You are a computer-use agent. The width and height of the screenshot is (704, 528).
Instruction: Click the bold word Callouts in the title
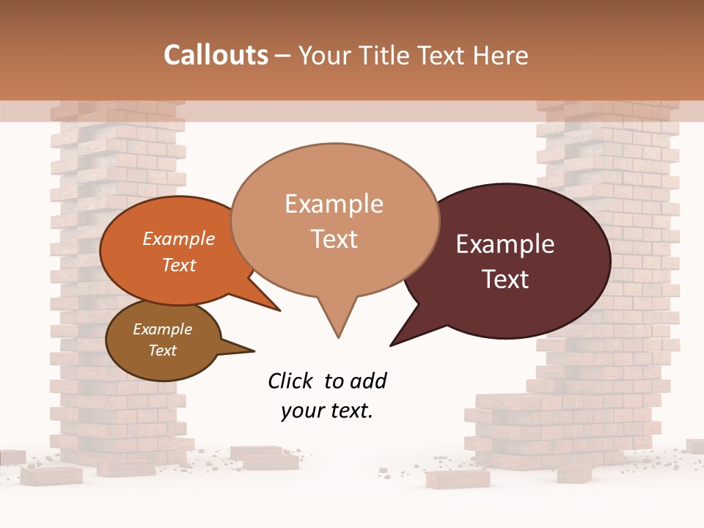[216, 55]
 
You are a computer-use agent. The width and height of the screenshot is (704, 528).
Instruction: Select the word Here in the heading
[501, 56]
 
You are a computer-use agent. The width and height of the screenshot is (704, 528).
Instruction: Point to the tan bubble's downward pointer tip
[338, 337]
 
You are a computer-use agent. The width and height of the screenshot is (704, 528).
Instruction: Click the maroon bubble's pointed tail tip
[392, 345]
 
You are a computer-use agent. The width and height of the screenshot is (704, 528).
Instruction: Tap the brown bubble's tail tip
[254, 350]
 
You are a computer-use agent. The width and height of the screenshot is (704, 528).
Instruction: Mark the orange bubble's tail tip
[279, 310]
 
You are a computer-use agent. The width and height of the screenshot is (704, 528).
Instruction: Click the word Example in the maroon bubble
[505, 244]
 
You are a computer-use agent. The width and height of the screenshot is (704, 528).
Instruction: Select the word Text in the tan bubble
[334, 239]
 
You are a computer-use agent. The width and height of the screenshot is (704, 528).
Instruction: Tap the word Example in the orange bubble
[179, 239]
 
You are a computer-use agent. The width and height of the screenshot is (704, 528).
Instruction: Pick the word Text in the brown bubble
[163, 351]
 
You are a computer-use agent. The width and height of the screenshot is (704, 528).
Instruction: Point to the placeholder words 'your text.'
[327, 411]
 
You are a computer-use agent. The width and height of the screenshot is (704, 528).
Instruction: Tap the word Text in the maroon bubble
[505, 279]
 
